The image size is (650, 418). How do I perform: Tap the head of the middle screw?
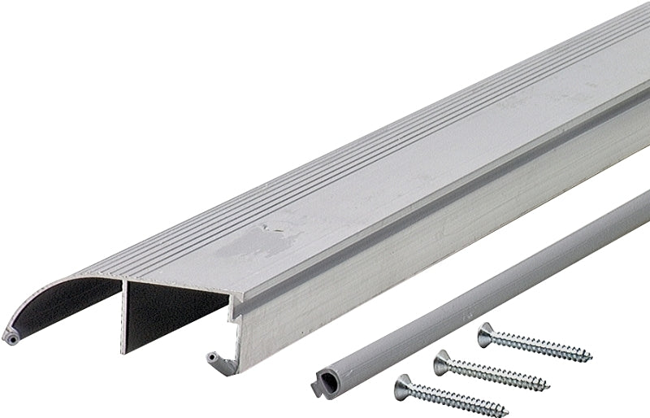coord(443,361)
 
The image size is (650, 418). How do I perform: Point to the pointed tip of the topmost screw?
coord(591,358)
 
